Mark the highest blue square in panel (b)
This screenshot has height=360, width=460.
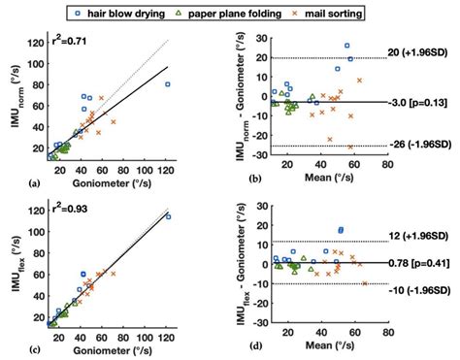click(x=346, y=46)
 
